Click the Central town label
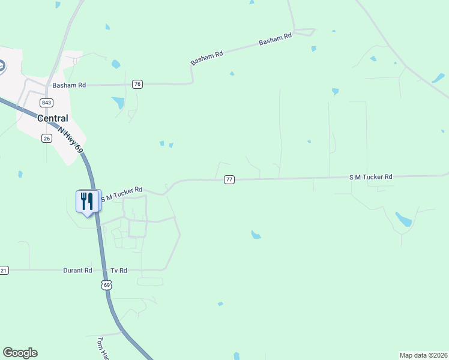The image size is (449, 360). [53, 118]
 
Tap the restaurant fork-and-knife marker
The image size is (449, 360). [88, 202]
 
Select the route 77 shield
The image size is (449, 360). [229, 179]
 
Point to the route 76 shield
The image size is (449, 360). [138, 85]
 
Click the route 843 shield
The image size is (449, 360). [47, 102]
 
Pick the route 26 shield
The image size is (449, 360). [46, 138]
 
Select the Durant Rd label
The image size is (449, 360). [77, 271]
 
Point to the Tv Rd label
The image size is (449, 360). [119, 271]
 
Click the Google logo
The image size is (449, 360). [20, 353]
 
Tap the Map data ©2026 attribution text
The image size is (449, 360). [423, 355]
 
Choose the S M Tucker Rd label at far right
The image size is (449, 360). [370, 177]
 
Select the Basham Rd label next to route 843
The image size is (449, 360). [69, 85]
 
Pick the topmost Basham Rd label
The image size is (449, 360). [275, 40]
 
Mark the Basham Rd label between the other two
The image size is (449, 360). [206, 58]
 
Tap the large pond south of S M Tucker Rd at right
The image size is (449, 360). [403, 219]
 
